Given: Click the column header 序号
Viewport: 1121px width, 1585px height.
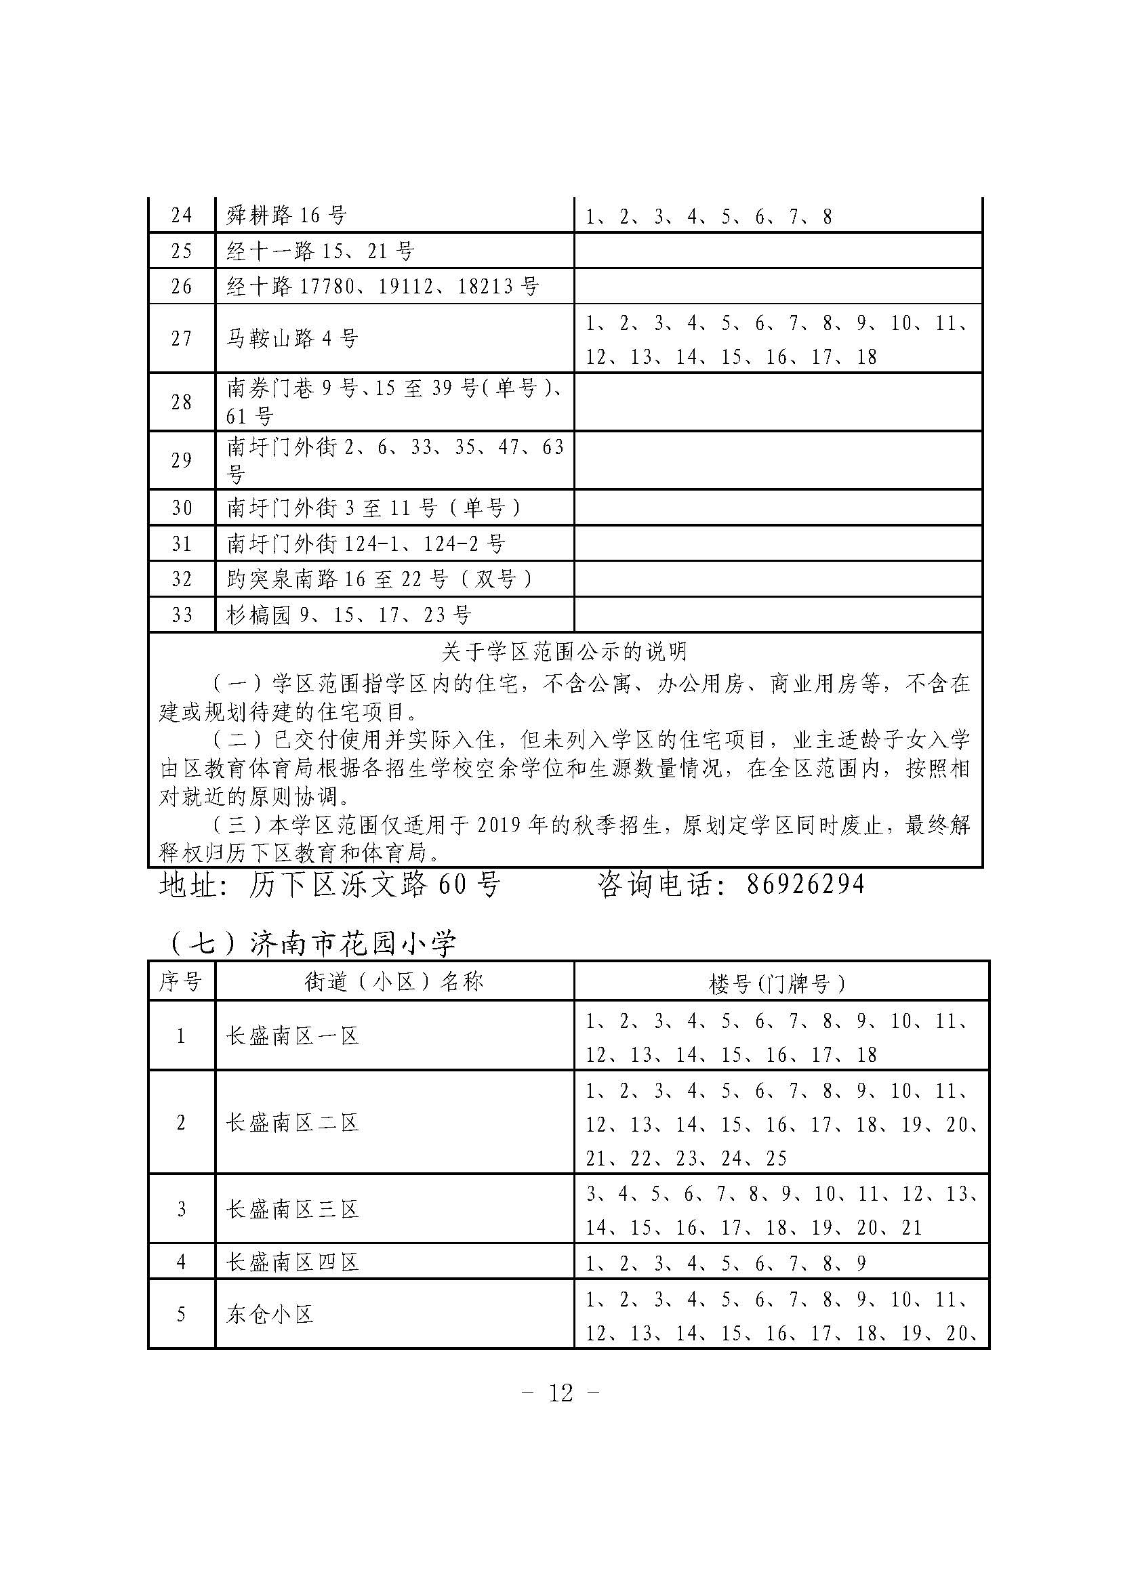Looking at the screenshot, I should click(x=181, y=981).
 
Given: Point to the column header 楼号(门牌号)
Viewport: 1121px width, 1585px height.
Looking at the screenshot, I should click(x=777, y=983).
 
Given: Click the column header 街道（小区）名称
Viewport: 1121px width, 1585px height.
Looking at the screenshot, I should click(x=394, y=982).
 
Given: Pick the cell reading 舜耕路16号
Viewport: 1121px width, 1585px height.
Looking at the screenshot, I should click(x=287, y=216).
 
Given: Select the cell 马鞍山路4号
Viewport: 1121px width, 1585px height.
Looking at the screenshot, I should click(x=293, y=339).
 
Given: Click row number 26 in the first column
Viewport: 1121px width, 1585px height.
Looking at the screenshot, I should click(x=181, y=287).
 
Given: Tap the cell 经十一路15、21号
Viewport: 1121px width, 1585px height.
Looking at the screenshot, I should click(x=321, y=251).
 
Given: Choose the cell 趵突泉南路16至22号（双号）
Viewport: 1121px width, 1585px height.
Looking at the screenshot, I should click(x=380, y=579).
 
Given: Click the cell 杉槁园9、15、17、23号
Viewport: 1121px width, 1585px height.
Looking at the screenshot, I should click(x=348, y=615).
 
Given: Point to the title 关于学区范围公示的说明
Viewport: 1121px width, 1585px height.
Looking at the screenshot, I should click(x=564, y=651).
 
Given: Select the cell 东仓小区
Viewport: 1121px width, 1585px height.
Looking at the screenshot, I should click(x=270, y=1315).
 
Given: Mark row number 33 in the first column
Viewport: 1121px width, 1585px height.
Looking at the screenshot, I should click(x=181, y=615).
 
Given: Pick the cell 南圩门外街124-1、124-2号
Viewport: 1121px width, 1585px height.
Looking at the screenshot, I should click(x=366, y=544).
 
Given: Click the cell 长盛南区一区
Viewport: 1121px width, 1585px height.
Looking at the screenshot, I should click(x=293, y=1036).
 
